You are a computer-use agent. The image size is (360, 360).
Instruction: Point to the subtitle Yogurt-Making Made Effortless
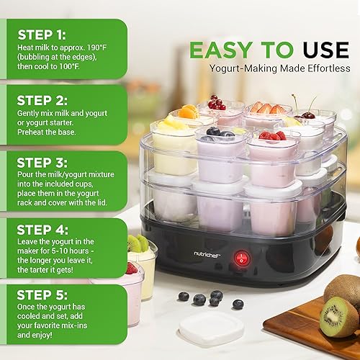pos(279,69)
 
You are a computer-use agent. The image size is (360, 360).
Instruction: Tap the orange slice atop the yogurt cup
pos(189,112)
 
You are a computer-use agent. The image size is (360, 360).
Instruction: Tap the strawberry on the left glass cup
pos(131,268)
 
